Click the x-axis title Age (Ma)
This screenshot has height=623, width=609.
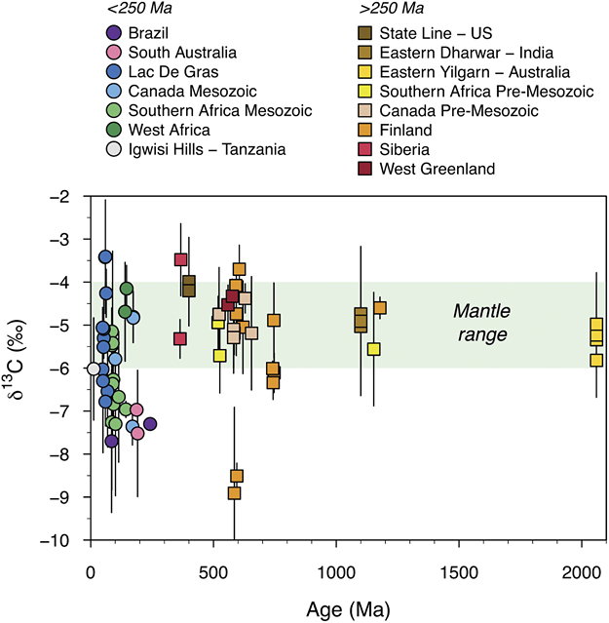point(347,610)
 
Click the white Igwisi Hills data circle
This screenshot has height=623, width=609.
point(94,369)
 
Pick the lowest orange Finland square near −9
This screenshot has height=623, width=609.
point(234,493)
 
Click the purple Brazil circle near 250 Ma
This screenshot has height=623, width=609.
point(150,423)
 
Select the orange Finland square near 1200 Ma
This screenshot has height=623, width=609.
point(380,308)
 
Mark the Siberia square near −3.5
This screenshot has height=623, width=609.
point(180,259)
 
